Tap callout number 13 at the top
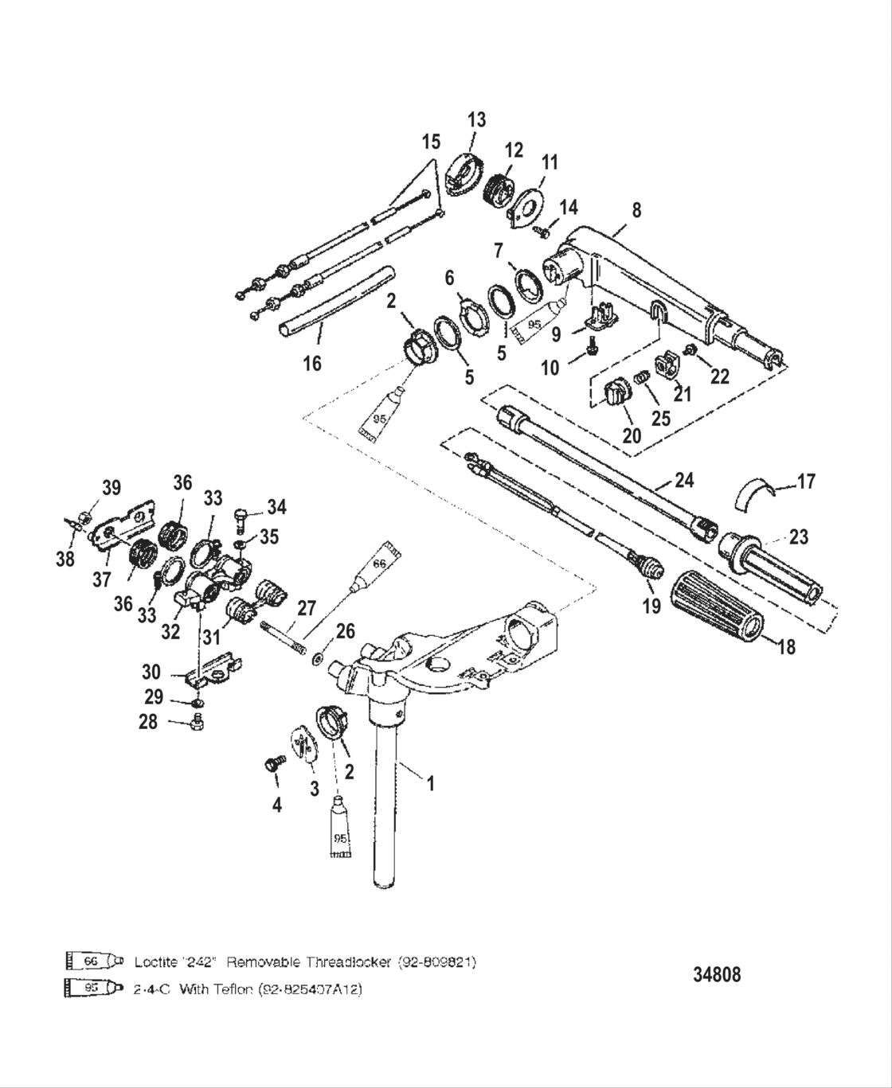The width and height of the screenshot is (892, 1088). click(x=475, y=120)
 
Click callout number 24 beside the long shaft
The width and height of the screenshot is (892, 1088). click(x=683, y=480)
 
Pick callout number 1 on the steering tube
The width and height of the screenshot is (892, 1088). click(x=430, y=783)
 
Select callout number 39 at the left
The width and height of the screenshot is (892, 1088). click(x=111, y=488)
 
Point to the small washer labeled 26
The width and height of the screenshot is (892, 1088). click(x=319, y=658)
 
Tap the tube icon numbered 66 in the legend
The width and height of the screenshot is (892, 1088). click(x=92, y=961)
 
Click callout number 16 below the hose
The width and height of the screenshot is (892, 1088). click(x=312, y=363)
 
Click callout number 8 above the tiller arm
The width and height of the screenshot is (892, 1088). click(x=636, y=211)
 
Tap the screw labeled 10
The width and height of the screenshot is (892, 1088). click(x=592, y=347)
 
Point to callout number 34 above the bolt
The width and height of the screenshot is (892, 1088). click(x=276, y=507)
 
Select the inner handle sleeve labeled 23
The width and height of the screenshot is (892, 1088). click(x=769, y=564)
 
